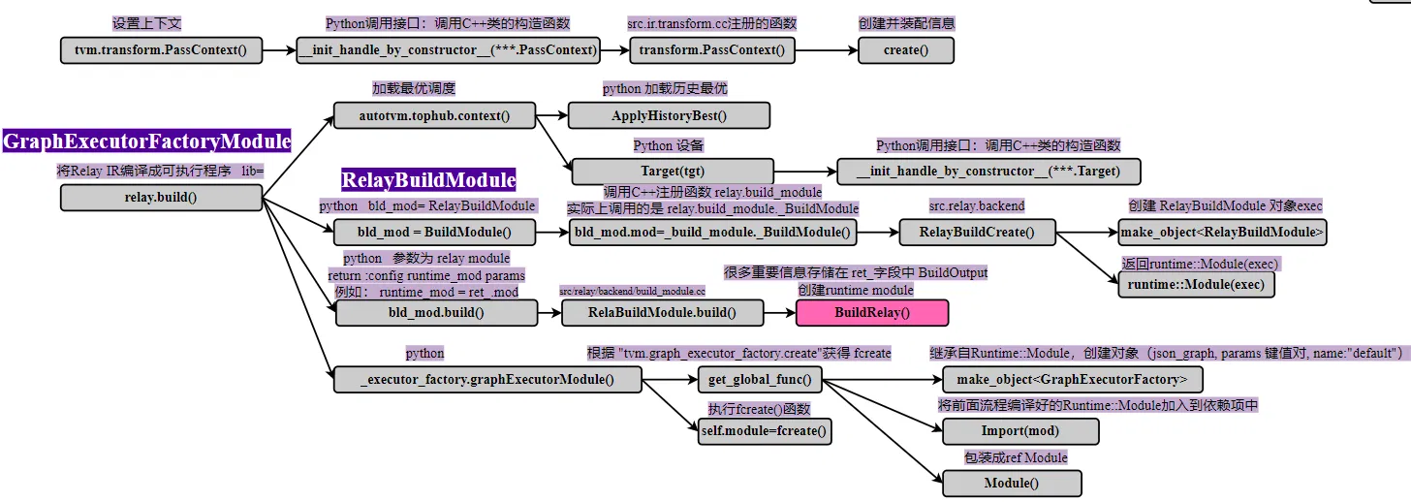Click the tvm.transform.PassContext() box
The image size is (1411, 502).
point(161,50)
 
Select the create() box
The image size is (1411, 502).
point(905,50)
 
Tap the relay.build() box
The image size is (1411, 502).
point(161,198)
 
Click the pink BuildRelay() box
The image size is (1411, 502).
point(872,312)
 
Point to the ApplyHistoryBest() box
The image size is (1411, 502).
point(669,116)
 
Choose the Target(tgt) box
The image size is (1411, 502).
point(673,172)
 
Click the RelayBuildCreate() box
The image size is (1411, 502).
point(977,232)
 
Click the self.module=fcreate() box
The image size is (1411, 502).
point(765,430)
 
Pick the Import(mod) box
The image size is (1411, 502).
point(1020,430)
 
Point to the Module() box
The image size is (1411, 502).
point(1012,483)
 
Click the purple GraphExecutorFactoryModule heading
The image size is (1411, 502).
point(147,141)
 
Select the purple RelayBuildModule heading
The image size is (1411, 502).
point(428,179)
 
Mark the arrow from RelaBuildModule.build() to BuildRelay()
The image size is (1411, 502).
point(779,312)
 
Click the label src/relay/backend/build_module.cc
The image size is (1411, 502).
point(632,291)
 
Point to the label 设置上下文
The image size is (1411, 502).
point(146,23)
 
